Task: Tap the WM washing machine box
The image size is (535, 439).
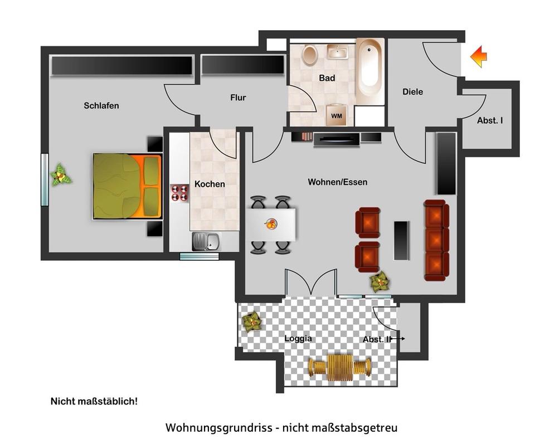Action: tap(336, 115)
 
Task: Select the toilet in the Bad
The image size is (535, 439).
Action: tap(309, 55)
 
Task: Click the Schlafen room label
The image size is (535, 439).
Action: tap(101, 105)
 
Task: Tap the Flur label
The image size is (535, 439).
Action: tap(238, 97)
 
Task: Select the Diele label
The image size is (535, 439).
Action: tap(412, 92)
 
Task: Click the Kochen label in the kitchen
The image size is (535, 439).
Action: tap(210, 184)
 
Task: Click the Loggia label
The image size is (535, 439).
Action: tap(298, 338)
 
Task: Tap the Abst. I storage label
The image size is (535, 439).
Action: tap(490, 120)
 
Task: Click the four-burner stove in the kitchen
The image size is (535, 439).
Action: tap(179, 193)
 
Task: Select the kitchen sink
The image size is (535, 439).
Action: tap(206, 241)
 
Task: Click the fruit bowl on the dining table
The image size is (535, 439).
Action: tap(271, 224)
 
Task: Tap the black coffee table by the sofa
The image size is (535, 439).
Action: tap(401, 240)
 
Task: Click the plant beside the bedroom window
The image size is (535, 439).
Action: tap(61, 175)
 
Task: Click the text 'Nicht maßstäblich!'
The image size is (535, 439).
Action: tap(94, 401)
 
